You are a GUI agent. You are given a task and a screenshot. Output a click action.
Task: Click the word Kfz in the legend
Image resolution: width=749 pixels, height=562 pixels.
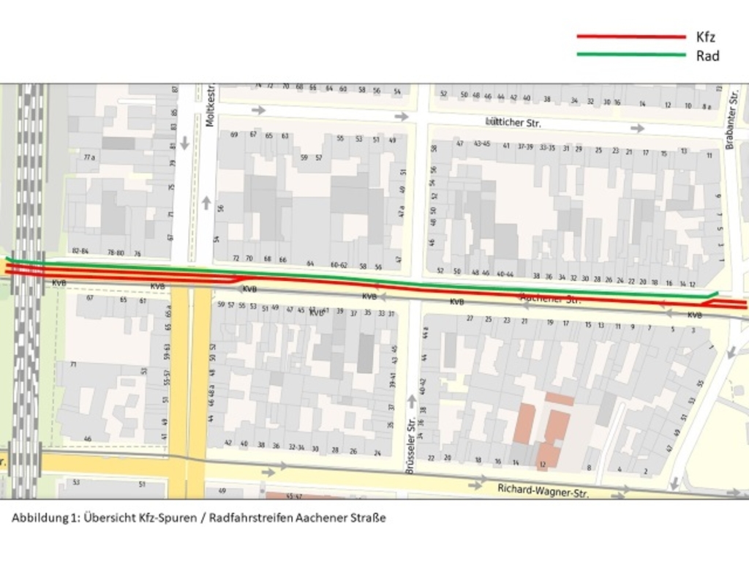click(x=706, y=37)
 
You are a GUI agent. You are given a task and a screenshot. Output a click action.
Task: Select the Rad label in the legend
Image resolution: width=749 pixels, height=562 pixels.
click(x=708, y=56)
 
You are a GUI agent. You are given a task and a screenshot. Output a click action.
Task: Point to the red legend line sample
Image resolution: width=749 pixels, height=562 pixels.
click(x=631, y=37)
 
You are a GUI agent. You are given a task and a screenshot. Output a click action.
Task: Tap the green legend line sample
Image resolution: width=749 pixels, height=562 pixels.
click(x=631, y=54)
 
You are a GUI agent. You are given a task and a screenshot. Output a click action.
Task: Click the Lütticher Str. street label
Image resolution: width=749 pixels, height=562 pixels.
click(x=513, y=122)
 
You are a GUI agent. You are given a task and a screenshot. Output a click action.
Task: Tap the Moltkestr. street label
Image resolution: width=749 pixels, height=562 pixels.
click(x=211, y=107)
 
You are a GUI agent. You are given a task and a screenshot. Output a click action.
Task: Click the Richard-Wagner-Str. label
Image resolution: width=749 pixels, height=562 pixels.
click(x=543, y=490)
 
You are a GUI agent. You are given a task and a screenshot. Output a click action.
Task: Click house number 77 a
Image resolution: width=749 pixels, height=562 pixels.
click(x=89, y=157)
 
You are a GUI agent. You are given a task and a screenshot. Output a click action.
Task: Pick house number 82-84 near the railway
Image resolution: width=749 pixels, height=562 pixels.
click(x=80, y=251)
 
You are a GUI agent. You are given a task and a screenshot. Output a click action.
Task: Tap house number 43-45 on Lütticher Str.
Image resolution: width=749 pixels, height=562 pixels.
click(x=481, y=144)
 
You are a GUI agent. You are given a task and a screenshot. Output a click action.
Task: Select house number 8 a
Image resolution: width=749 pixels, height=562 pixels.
click(x=707, y=105)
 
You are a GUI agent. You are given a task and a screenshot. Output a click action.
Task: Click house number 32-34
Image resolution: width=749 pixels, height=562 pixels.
click(x=296, y=447)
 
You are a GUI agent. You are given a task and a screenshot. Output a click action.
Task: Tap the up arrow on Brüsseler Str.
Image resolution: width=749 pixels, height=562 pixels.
click(x=412, y=400)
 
